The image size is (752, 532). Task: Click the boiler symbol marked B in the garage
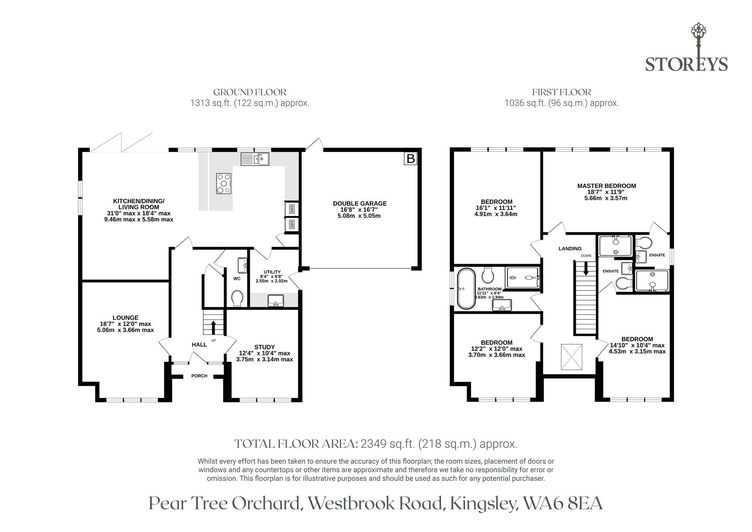(x=411, y=159)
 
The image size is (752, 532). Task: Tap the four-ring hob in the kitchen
(x=224, y=184)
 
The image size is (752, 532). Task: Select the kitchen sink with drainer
(x=255, y=159)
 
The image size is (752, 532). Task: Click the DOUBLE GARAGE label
(x=360, y=204)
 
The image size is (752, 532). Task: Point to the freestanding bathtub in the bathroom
(x=466, y=289)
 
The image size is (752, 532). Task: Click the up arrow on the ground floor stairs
(x=214, y=327)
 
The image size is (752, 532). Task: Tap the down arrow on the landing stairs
(x=585, y=268)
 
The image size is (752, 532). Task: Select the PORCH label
(x=199, y=376)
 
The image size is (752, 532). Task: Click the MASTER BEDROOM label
(x=606, y=186)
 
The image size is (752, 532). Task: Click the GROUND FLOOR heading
(x=250, y=92)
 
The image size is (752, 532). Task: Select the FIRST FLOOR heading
(x=561, y=92)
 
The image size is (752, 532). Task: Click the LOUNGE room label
(x=126, y=318)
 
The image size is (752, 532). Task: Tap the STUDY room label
(x=265, y=347)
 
